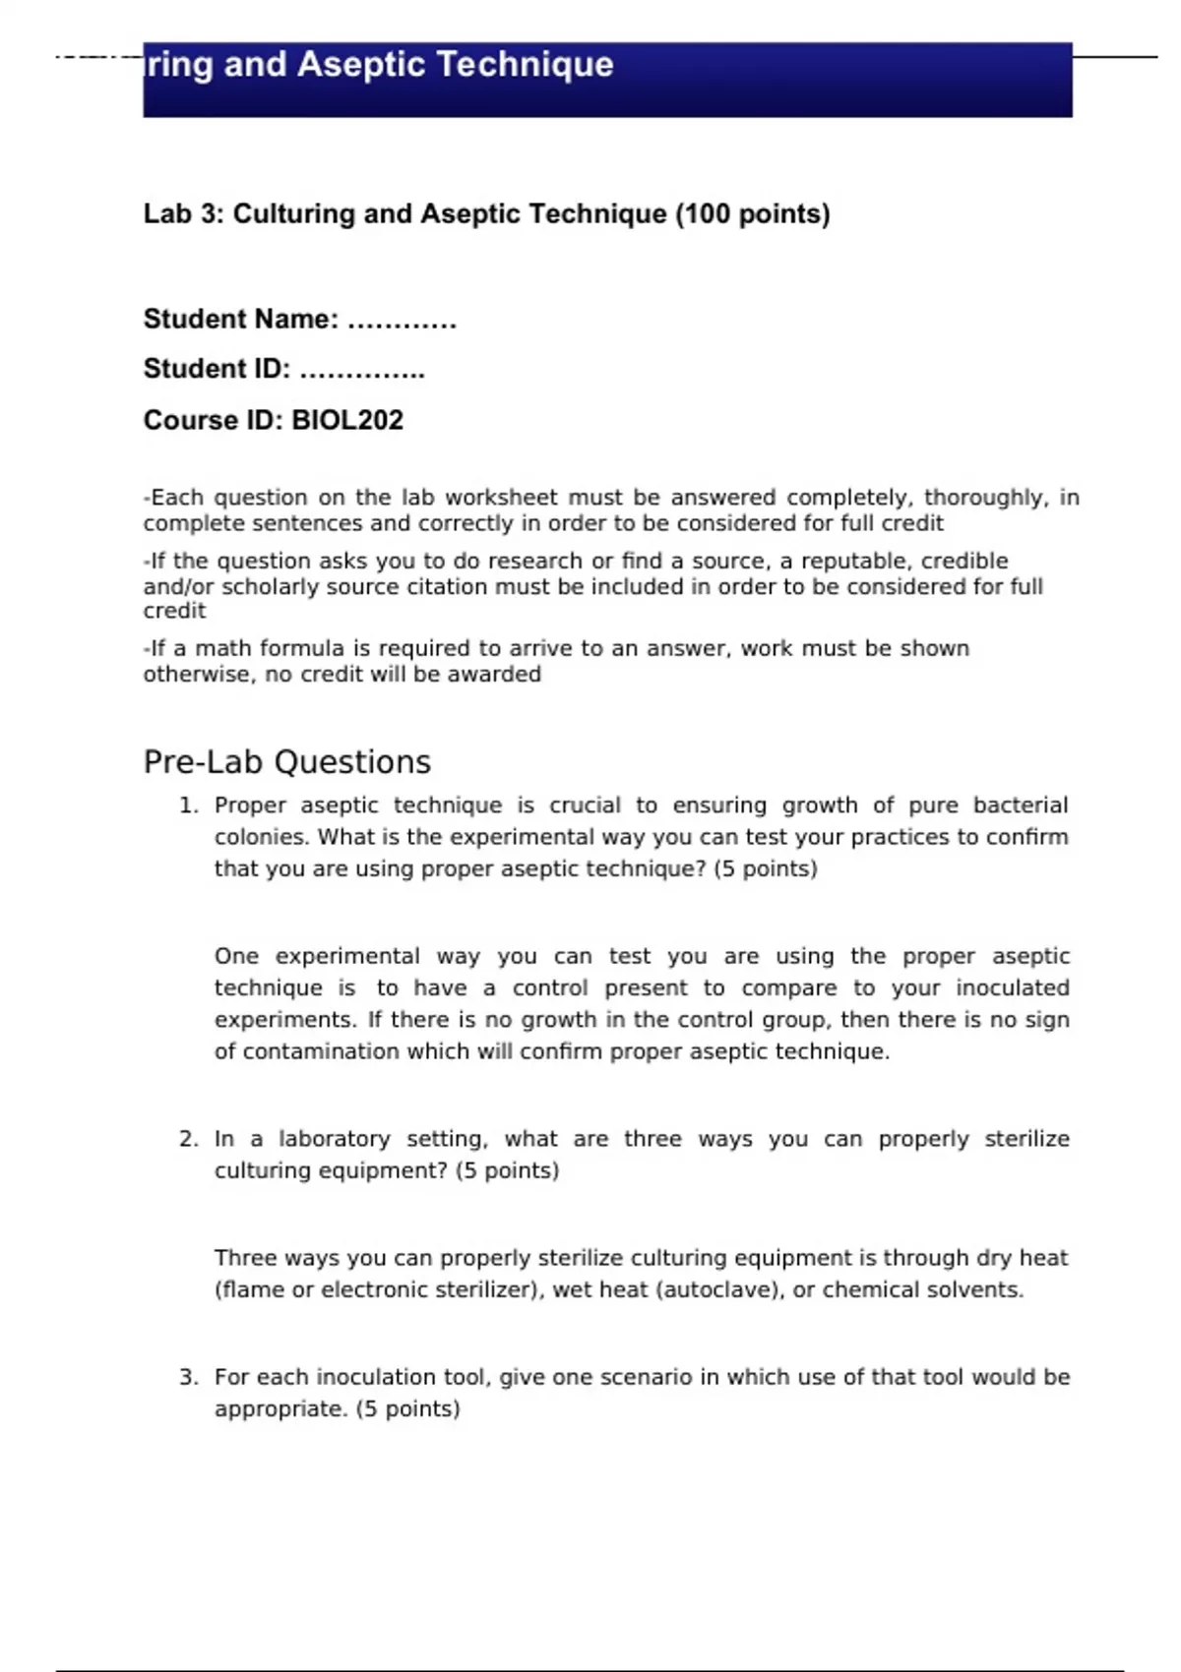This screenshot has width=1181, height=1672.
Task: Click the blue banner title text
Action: coord(379,65)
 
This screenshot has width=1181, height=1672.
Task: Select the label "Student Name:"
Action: coord(241,320)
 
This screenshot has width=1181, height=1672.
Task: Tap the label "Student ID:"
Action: coord(217,369)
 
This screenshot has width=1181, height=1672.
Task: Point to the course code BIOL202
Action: coord(347,420)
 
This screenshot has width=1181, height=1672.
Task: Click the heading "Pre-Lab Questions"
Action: coord(287,762)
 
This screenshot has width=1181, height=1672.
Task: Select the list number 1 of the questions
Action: coord(188,806)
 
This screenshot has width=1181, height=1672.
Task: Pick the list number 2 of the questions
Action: coord(188,1139)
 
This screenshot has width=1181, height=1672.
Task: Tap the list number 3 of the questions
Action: coord(188,1377)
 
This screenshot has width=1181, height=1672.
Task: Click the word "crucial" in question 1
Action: coord(585,806)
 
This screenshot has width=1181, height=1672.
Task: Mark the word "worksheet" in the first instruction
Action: coord(501,498)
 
